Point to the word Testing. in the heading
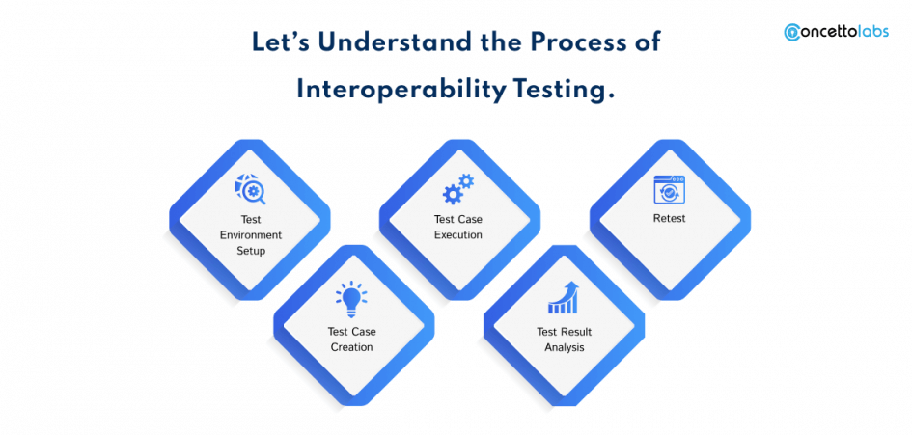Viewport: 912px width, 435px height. (x=566, y=90)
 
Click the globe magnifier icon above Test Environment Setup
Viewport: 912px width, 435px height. (x=250, y=189)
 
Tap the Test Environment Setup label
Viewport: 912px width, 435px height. (x=251, y=234)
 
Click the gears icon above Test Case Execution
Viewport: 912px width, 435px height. (x=458, y=189)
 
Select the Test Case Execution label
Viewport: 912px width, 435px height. (x=458, y=227)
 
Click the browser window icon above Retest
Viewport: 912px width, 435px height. (x=669, y=189)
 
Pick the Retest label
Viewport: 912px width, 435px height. (x=669, y=219)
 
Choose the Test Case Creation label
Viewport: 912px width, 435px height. (x=351, y=340)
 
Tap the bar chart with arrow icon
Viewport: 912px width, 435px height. (x=563, y=298)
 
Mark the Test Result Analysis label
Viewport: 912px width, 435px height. (x=564, y=340)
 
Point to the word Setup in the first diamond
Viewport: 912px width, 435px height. (x=251, y=250)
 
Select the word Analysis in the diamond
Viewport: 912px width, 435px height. (x=564, y=347)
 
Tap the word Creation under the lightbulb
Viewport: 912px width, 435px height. (x=351, y=347)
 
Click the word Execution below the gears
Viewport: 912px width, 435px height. (x=458, y=234)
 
